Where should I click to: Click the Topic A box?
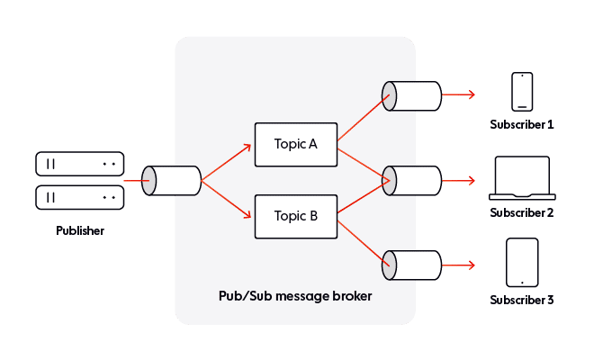point(296,144)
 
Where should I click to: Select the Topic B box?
point(296,216)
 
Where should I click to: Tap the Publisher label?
point(80,230)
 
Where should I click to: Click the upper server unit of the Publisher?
point(79,164)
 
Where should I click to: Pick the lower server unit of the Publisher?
point(79,197)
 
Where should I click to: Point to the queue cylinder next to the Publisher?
point(171,181)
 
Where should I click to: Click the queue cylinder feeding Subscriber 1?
point(412,96)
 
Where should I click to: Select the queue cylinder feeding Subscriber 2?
point(412,181)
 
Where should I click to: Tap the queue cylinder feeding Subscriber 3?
point(412,265)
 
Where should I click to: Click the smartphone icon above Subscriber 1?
point(522,92)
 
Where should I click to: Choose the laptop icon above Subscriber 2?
point(522,178)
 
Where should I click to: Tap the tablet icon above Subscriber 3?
point(522,262)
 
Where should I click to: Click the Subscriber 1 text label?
point(522,125)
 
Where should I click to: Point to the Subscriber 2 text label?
point(522,213)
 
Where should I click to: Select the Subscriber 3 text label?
point(522,300)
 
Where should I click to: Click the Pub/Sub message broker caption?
point(295,296)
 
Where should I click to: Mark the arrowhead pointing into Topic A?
point(247,148)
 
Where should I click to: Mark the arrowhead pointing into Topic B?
point(247,214)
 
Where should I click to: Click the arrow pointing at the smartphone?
point(458,94)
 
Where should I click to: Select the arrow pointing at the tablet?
point(458,265)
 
